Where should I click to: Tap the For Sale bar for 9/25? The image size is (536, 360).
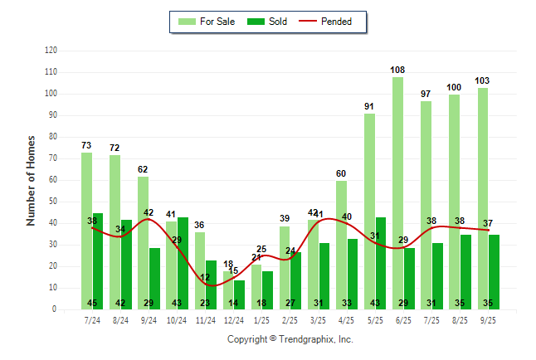pos(483,199)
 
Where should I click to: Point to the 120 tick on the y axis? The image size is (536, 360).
pos(51,51)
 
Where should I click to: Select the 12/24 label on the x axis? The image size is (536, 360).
pos(234,319)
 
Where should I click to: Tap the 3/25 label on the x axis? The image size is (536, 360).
pos(319,319)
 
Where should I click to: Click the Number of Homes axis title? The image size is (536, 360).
pos(31,180)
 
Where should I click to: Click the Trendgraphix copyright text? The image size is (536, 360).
pos(290,339)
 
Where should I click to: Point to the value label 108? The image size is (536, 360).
pos(398,70)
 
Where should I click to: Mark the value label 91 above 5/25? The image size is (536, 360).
pos(370,106)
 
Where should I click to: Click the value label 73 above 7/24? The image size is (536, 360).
pos(86,145)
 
